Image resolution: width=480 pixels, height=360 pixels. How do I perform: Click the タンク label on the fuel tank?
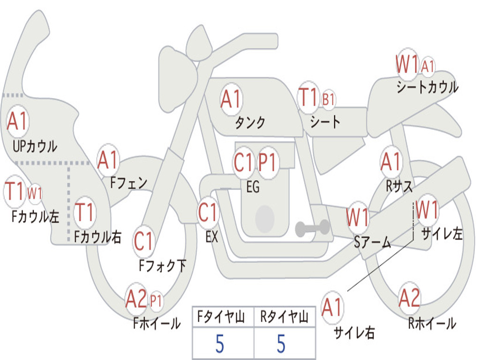click(250, 122)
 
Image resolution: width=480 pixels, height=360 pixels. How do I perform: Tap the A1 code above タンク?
click(231, 99)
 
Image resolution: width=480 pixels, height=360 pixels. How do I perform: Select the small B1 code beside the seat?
click(328, 99)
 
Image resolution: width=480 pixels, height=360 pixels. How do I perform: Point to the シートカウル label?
click(427, 87)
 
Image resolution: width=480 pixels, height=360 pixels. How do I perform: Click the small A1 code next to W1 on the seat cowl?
click(427, 66)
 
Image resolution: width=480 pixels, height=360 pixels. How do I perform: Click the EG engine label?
click(253, 187)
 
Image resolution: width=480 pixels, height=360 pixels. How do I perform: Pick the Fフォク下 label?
click(162, 265)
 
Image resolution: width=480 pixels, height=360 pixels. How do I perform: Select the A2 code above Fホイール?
click(136, 298)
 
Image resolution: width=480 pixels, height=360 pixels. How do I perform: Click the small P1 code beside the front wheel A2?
click(156, 301)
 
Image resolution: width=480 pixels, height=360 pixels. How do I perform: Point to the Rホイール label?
click(432, 323)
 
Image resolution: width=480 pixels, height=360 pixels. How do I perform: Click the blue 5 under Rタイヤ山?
click(281, 344)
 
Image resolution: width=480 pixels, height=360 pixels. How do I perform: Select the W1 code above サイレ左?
click(427, 209)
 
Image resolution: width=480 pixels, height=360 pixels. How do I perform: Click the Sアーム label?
click(372, 242)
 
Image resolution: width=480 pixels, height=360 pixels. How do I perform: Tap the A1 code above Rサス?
click(390, 161)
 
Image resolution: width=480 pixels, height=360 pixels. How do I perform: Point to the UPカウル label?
click(35, 146)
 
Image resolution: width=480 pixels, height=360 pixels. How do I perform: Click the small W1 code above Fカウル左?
click(35, 193)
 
